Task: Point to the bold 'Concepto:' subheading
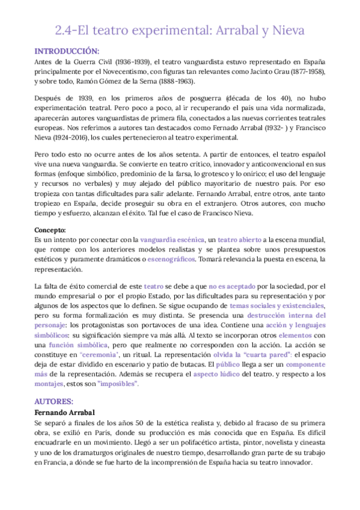(x=50, y=229)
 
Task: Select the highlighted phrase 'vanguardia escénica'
(x=173, y=239)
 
